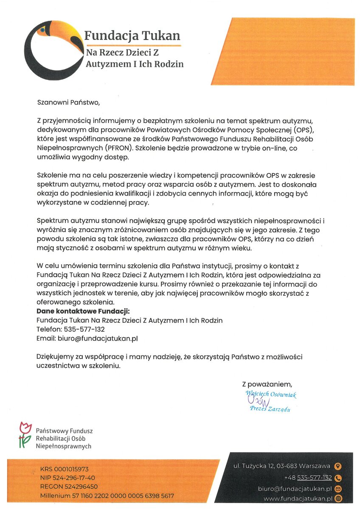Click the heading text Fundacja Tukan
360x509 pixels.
coord(132,36)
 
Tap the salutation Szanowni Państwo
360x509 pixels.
coord(68,102)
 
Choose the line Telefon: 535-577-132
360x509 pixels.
coord(71,329)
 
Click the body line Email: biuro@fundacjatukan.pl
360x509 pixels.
coord(87,338)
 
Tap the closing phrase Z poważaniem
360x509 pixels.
coord(267,384)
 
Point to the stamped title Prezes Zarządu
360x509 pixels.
coord(270,409)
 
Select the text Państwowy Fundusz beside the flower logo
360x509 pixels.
coord(64,431)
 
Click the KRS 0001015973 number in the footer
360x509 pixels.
coord(65,469)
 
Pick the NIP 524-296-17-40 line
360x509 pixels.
coord(67,478)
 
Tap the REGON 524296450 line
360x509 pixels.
coord(69,487)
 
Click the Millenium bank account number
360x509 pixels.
coord(107,495)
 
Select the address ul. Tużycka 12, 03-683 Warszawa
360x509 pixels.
coord(282,466)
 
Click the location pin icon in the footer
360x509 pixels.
coord(338,467)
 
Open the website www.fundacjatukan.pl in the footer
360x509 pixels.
coord(297,498)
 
